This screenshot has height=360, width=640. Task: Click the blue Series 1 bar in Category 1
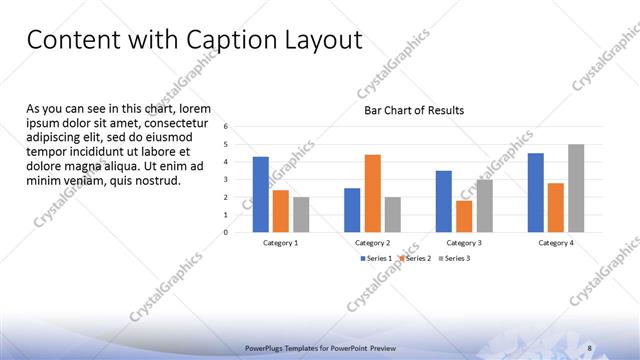click(x=260, y=194)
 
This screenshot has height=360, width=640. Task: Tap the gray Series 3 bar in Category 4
click(x=576, y=188)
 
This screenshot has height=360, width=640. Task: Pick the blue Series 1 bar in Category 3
click(x=443, y=201)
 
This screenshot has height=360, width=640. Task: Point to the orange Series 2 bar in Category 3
click(x=463, y=216)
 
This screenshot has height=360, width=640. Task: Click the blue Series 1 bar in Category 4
click(x=536, y=192)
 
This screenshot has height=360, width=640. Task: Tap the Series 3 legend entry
click(x=454, y=258)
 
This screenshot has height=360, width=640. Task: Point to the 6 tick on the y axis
click(x=227, y=126)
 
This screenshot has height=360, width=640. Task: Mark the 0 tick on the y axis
click(x=227, y=232)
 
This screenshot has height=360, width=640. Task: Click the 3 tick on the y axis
click(x=227, y=179)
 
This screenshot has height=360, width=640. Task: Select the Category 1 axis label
click(x=280, y=243)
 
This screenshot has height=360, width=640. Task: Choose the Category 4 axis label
click(x=556, y=243)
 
